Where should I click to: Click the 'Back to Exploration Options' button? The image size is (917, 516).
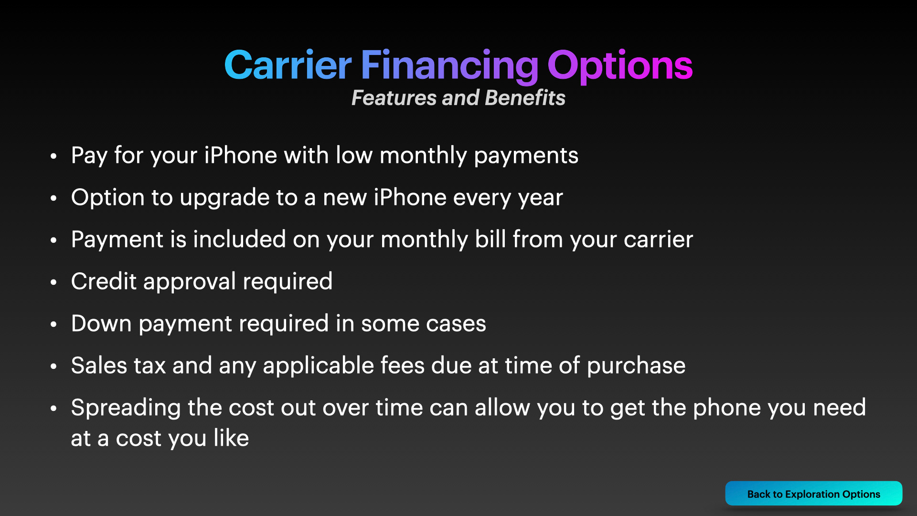(x=813, y=494)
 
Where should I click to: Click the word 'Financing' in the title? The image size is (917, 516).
(x=449, y=66)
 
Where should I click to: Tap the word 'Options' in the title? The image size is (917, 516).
(x=620, y=66)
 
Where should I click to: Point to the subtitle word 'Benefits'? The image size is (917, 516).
(x=525, y=97)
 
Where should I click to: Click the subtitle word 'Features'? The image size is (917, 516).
(x=394, y=97)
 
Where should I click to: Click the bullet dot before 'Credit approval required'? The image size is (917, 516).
(x=53, y=282)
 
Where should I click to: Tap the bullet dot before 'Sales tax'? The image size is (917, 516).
(x=53, y=366)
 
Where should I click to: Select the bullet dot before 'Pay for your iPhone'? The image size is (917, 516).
(x=53, y=156)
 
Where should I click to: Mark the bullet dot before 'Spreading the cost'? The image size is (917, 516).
(x=53, y=408)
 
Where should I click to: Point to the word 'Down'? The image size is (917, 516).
(x=101, y=323)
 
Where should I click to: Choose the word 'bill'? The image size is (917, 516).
(x=490, y=239)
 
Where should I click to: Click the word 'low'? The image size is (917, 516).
(x=354, y=155)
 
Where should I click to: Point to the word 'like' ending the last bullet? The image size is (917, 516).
(x=231, y=438)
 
